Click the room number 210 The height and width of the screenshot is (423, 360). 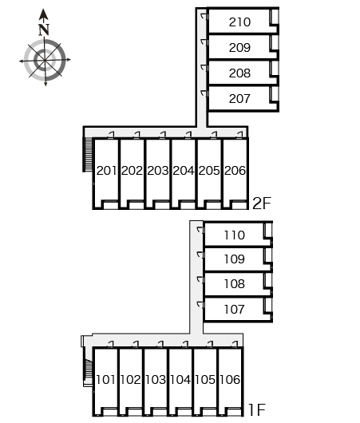tap(239, 22)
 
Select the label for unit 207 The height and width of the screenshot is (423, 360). tap(239, 98)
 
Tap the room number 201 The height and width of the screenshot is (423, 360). tap(107, 171)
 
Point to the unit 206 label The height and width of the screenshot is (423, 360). tap(235, 171)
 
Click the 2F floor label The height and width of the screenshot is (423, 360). tap(262, 204)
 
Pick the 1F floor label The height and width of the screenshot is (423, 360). tap(257, 409)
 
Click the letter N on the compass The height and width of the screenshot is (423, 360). tap(44, 30)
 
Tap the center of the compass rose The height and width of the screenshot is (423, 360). tap(45, 60)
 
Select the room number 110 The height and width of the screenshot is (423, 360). tap(234, 235)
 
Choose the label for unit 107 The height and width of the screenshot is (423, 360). tap(234, 309)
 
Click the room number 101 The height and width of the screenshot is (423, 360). tap(105, 380)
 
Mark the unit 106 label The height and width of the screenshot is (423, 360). tap(230, 380)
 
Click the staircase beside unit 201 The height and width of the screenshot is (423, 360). tap(88, 155)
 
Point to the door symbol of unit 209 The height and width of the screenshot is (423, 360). tap(204, 42)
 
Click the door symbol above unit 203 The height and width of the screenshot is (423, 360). tap(163, 135)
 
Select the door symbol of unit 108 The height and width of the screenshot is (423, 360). tap(200, 279)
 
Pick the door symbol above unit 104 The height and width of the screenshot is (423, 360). tap(185, 344)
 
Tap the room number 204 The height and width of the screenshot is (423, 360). tap(184, 171)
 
